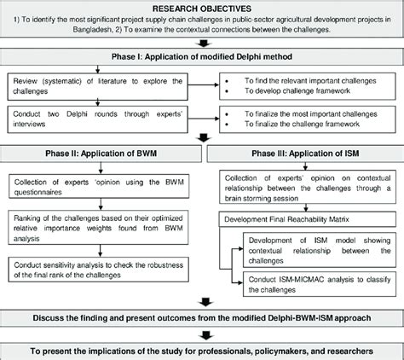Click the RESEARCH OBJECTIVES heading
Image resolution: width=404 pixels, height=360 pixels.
(x=202, y=8)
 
